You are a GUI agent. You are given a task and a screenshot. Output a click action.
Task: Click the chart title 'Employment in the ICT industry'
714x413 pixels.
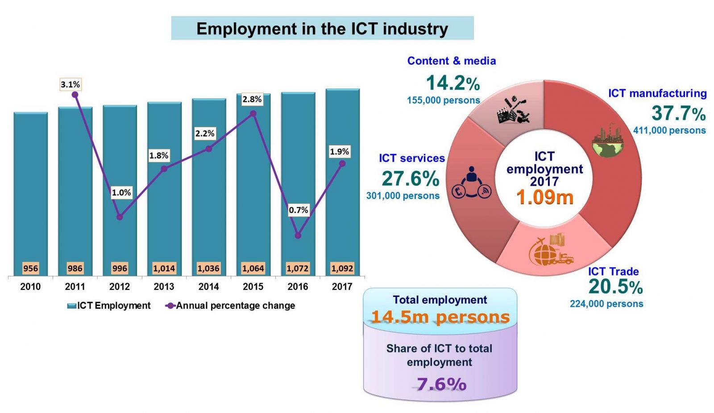click(x=322, y=29)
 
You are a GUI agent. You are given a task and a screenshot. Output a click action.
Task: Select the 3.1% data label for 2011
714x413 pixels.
click(x=71, y=84)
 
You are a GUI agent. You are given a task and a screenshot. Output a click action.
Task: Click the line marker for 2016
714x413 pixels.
click(x=298, y=235)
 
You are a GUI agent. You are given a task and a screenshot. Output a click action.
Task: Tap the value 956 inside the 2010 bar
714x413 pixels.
click(x=30, y=268)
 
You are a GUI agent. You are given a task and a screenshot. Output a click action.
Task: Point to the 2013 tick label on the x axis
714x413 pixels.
click(x=164, y=287)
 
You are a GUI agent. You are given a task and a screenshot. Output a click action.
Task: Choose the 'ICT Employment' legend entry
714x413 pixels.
click(x=109, y=306)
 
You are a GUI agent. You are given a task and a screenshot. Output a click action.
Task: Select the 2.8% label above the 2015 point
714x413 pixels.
click(x=252, y=99)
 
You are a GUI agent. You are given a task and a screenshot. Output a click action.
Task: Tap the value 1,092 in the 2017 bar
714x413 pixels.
click(x=342, y=268)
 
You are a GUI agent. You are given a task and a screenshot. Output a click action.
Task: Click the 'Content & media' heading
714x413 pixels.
click(x=451, y=61)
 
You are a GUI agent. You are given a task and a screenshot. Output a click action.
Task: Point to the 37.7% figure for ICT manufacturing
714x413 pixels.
click(x=678, y=113)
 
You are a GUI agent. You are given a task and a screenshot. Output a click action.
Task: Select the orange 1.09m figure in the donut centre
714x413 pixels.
click(x=544, y=197)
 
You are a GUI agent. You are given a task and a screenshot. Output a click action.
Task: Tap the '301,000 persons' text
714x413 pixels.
click(x=403, y=196)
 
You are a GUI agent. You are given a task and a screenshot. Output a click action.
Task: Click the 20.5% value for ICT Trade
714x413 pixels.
click(x=615, y=287)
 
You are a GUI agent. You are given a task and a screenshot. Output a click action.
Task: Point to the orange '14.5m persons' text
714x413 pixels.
click(x=440, y=317)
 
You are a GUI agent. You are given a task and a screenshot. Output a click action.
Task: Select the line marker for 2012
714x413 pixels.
click(x=120, y=217)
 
